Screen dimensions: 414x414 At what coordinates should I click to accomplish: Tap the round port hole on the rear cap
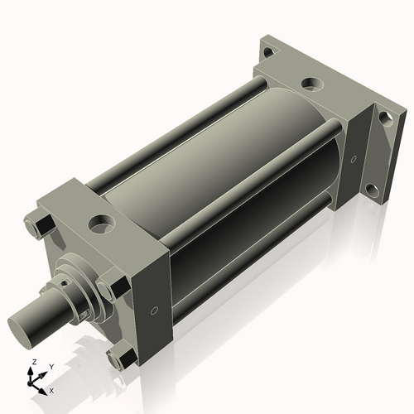pyautogui.click(x=312, y=84)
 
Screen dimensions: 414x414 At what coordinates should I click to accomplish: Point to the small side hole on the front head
pyautogui.click(x=154, y=311)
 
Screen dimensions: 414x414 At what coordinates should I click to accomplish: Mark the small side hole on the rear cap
pyautogui.click(x=354, y=157)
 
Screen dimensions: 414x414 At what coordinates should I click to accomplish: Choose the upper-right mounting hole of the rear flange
pyautogui.click(x=384, y=117)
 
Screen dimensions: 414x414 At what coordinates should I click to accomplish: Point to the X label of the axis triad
pyautogui.click(x=52, y=389)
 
